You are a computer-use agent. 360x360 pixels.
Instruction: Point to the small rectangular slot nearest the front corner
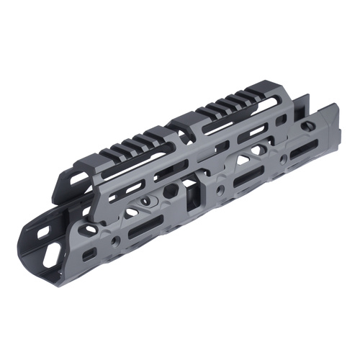click(x=89, y=255)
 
